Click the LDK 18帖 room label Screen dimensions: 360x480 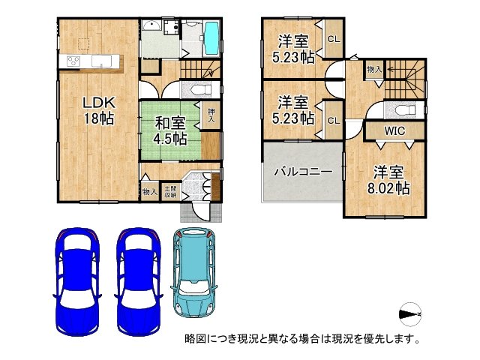click(98, 109)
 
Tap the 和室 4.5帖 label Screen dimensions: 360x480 click(170, 130)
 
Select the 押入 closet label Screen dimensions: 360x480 click(211, 115)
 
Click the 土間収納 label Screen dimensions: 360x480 click(171, 192)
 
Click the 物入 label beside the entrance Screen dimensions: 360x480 click(149, 192)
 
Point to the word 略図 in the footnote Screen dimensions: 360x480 click(195, 338)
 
